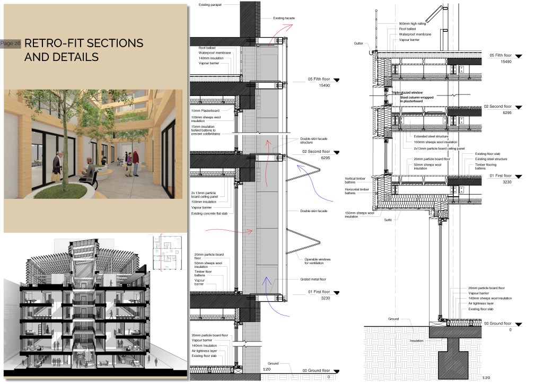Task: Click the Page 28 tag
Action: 11,43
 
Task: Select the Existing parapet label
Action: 210,5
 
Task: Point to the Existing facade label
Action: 284,18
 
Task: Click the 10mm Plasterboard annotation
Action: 206,110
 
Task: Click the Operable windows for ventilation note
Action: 317,261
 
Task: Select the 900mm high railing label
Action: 414,23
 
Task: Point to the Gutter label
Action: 358,43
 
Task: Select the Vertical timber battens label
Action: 356,180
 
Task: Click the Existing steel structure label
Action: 491,159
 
